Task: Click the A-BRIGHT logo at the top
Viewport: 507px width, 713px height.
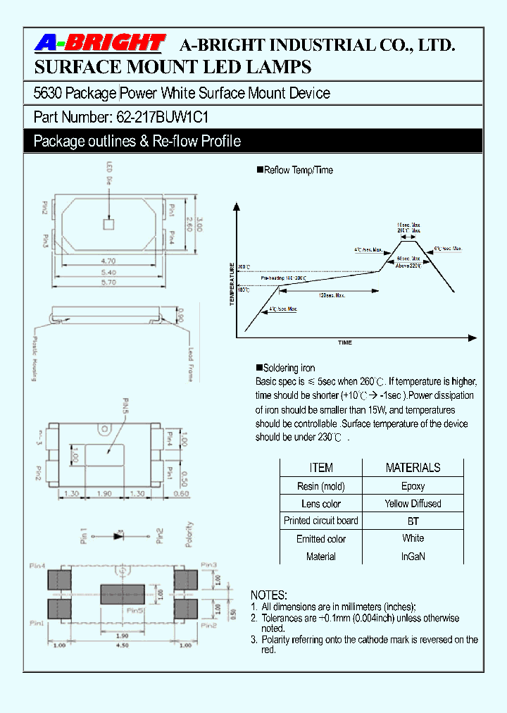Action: tap(99, 44)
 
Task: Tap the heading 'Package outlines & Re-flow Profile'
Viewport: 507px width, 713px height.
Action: tap(137, 141)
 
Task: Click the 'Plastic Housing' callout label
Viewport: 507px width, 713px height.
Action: tap(34, 357)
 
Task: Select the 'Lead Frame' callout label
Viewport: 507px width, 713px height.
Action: tap(190, 364)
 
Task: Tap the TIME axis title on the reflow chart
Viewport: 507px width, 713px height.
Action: tap(345, 342)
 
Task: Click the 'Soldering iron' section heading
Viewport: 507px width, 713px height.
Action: tap(289, 368)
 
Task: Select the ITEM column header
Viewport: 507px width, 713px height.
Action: tap(321, 468)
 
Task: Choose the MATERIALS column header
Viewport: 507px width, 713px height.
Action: tap(413, 468)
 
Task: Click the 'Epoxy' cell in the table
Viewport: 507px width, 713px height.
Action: tap(413, 486)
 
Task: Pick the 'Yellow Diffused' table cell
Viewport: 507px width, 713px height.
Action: tap(413, 504)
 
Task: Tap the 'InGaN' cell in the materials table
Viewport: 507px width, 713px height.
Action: tap(413, 557)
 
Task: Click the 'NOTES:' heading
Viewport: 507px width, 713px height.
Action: tap(269, 595)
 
